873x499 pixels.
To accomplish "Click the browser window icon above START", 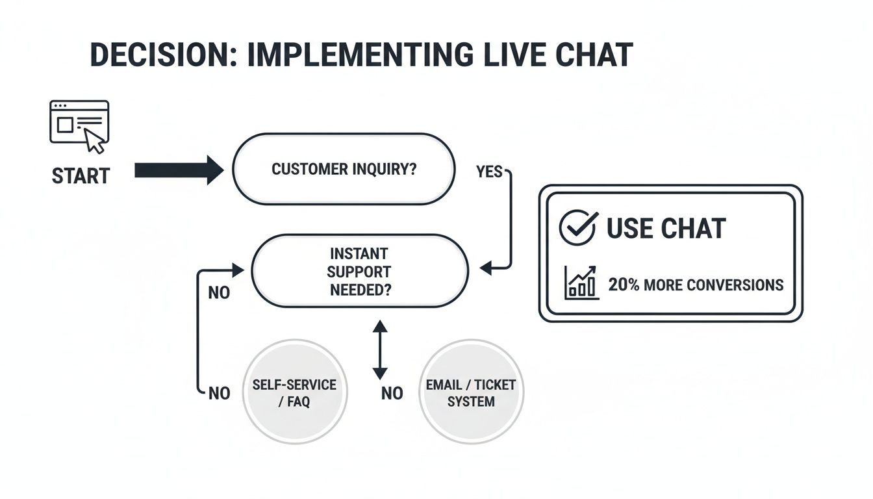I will coord(79,123).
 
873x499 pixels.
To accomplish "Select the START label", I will coord(81,176).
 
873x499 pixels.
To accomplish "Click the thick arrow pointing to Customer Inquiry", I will coord(179,170).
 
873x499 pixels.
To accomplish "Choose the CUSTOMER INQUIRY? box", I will coord(344,170).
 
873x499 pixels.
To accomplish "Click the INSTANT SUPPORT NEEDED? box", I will coord(359,272).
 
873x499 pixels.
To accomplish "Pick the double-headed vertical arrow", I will coord(380,350).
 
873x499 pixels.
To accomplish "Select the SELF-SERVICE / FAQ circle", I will coord(294,392).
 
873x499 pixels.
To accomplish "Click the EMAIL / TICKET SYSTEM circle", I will coord(471,392).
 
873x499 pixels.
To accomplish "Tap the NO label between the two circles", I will coord(392,393).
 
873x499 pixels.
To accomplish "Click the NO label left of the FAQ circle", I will coord(219,393).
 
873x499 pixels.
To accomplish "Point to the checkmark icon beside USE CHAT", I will coord(577,227).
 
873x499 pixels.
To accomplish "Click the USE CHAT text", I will coord(665,229).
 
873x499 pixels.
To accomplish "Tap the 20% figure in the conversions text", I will coord(623,285).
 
